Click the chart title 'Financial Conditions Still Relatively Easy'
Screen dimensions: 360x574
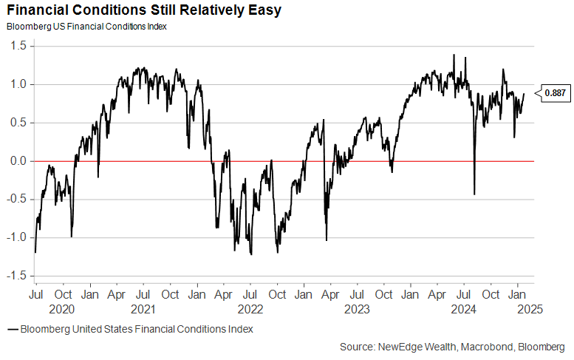pos(134,11)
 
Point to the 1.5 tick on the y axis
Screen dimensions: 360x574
pos(18,46)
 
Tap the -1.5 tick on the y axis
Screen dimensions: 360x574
pos(16,276)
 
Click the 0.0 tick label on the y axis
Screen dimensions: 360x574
pos(18,161)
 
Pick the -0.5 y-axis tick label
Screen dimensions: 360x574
pos(16,200)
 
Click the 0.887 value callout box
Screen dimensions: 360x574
pos(555,93)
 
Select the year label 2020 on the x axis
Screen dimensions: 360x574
pos(62,309)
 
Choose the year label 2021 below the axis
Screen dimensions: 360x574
pos(143,309)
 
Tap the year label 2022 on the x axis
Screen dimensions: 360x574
pos(250,309)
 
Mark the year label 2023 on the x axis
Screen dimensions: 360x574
pos(357,309)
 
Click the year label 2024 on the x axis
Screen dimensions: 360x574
pos(465,309)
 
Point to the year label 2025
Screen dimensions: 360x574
pos(530,309)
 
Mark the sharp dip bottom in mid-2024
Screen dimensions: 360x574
pos(474,194)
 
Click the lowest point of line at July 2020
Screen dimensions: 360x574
pos(35,253)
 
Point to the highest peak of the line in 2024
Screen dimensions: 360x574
pos(454,55)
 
